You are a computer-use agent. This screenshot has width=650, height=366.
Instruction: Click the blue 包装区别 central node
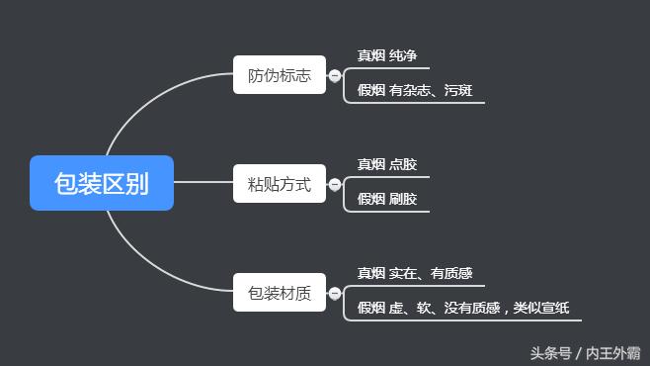[102, 183]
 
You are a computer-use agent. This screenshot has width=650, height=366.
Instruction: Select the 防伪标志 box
[280, 75]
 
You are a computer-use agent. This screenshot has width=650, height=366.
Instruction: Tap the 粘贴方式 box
[280, 184]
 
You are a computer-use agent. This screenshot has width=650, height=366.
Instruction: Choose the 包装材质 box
[280, 293]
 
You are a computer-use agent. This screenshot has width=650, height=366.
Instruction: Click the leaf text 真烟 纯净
[386, 55]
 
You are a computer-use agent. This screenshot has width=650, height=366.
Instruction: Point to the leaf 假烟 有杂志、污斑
[414, 91]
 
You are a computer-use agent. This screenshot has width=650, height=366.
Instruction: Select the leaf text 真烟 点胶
[386, 164]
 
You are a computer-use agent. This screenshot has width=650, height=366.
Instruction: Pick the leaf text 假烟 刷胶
[386, 199]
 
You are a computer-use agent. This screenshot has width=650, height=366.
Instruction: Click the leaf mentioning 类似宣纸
[462, 308]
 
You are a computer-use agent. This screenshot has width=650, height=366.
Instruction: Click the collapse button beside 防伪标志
[335, 75]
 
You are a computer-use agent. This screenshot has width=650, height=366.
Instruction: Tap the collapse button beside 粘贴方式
[335, 184]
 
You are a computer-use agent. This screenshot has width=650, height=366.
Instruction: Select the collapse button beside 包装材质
[335, 293]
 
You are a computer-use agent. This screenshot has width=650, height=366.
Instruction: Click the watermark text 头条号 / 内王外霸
[585, 352]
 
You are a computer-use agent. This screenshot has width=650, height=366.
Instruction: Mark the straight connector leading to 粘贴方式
[203, 183]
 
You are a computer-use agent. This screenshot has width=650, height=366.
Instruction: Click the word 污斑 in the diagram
[457, 91]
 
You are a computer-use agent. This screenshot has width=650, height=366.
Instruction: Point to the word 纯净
[403, 55]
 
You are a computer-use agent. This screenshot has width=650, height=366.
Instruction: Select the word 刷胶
[403, 199]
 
